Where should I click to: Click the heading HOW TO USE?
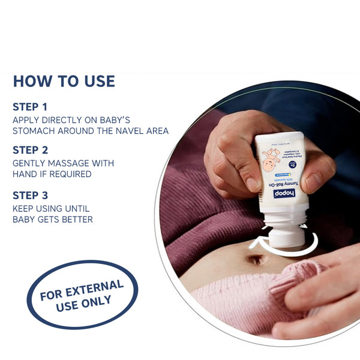64,81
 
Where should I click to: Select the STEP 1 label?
30,107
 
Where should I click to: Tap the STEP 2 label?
30,150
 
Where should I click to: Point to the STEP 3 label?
30,195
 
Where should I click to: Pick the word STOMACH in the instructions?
35,131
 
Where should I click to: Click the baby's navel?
256,260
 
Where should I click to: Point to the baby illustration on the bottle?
271,159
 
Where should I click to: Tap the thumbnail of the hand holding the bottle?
312,182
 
